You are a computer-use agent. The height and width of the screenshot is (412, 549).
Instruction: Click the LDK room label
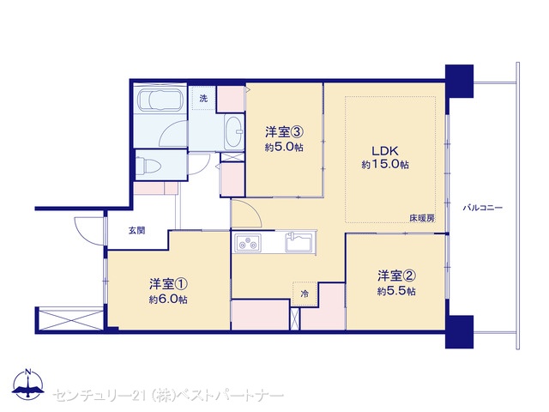(385, 151)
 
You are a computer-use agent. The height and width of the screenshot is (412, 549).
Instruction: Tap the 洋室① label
(168, 284)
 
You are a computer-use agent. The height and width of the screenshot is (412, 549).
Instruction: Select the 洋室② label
(396, 276)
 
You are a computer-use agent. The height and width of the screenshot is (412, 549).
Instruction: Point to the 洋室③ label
(284, 132)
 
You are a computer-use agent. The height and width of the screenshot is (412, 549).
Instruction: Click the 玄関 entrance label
(136, 231)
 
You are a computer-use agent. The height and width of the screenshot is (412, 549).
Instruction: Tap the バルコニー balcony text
(483, 208)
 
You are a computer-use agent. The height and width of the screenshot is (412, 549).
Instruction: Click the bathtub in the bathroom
(160, 100)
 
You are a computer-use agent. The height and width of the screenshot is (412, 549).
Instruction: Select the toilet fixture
(148, 166)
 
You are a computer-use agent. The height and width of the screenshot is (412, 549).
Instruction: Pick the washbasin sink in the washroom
(234, 132)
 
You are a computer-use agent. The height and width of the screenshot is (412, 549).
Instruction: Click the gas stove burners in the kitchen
(248, 242)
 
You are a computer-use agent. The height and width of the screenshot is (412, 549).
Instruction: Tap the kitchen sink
(299, 242)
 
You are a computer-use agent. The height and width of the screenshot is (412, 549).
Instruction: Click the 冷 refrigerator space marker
(305, 294)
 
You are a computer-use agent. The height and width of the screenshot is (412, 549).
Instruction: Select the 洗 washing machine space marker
(203, 99)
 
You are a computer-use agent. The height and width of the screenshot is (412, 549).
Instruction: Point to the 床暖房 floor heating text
(422, 218)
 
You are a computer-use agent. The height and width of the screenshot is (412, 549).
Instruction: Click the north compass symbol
(28, 384)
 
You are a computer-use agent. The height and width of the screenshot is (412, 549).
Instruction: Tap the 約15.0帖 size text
(385, 164)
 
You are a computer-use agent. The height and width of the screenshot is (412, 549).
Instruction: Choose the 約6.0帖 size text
(168, 300)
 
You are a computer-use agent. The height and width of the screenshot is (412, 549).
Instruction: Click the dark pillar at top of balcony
(459, 81)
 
